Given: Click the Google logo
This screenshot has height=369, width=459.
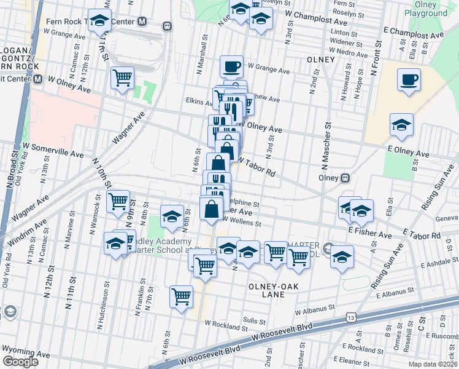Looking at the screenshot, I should [x=20, y=361].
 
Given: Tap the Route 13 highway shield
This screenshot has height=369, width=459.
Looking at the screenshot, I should [x=350, y=317].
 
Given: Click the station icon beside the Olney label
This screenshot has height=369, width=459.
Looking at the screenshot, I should [x=345, y=178].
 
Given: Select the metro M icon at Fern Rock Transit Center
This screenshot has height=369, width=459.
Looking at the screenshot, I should [x=142, y=22].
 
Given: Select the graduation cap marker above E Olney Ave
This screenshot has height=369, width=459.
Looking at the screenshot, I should [x=401, y=124].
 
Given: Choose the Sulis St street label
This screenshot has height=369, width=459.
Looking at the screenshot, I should [x=253, y=320].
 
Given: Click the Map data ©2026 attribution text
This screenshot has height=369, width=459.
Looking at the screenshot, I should [x=431, y=364].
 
